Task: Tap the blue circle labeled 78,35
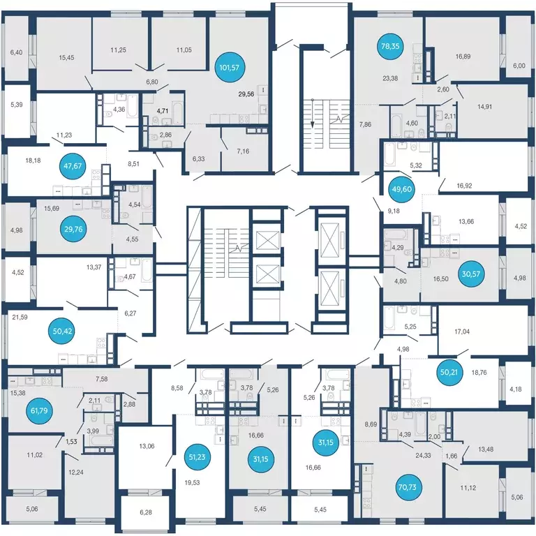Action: coord(390,46)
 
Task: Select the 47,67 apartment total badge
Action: coord(73,166)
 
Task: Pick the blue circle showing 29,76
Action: coord(73,229)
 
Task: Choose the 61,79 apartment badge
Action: coord(39,410)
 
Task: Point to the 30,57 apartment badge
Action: coord(471,274)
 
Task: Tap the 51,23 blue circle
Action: coord(198,456)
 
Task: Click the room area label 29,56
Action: coord(246,94)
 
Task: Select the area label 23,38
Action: coord(390,78)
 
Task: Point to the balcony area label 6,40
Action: coord(16,52)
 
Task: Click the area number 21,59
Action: coord(20,318)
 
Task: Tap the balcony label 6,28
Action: coord(146,512)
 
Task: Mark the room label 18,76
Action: coord(479,372)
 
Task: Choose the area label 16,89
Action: coord(463,57)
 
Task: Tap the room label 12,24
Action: coord(76,472)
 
